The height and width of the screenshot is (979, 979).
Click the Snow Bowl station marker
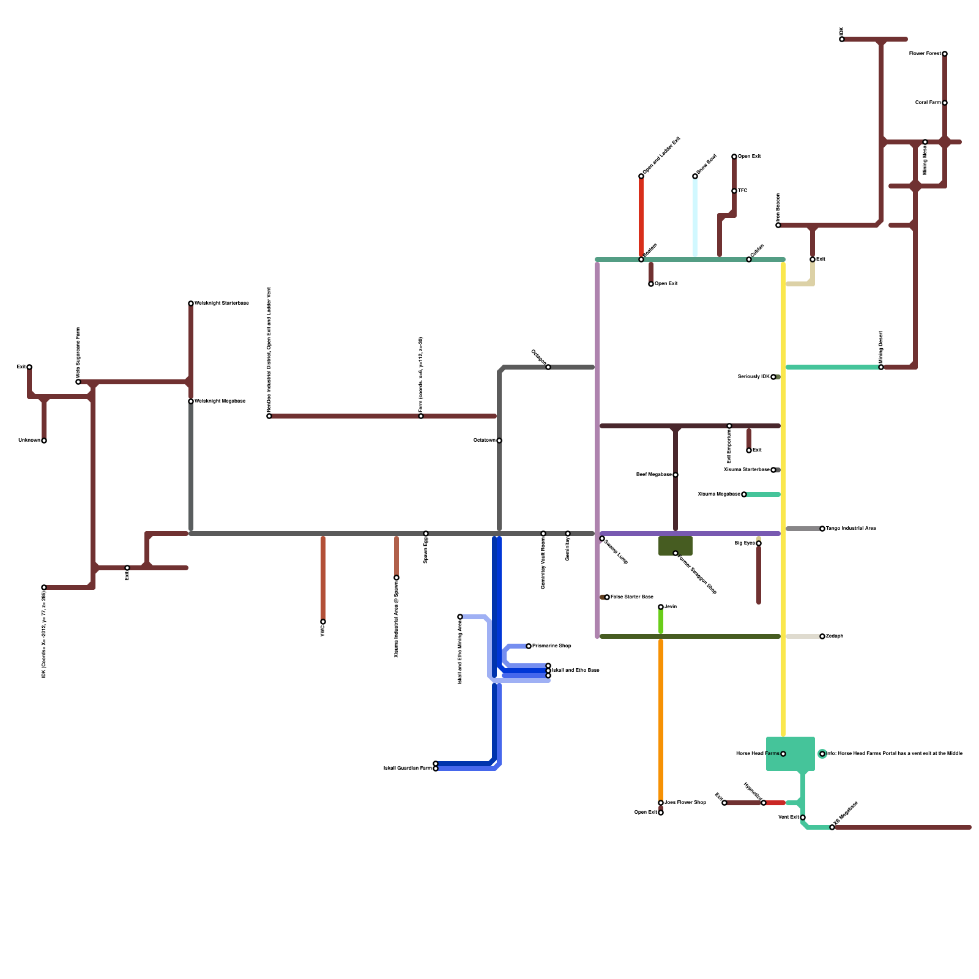[695, 176]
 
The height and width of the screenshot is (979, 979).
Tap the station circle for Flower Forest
[945, 54]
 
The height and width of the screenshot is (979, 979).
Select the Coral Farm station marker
[945, 103]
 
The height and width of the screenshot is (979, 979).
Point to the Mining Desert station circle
[881, 367]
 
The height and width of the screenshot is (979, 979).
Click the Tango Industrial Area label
[851, 529]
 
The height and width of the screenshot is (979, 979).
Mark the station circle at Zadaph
[822, 636]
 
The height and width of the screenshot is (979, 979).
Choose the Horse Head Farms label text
[758, 754]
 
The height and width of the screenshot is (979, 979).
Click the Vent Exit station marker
[803, 817]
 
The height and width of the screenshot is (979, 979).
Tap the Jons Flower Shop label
[685, 803]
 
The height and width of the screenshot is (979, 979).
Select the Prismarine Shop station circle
[529, 646]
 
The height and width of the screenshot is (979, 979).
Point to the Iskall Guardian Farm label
[408, 768]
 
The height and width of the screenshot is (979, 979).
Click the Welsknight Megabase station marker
[191, 401]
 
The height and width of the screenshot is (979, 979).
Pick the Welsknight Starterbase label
[221, 303]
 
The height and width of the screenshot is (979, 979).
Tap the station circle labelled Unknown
[44, 441]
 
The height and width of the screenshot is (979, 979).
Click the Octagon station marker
[548, 367]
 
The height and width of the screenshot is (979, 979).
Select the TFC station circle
[734, 191]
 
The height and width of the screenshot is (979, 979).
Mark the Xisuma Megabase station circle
[744, 494]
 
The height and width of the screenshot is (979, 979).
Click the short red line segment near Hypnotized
[775, 803]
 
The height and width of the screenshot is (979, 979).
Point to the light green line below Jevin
[661, 622]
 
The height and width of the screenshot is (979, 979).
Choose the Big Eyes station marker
[759, 543]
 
